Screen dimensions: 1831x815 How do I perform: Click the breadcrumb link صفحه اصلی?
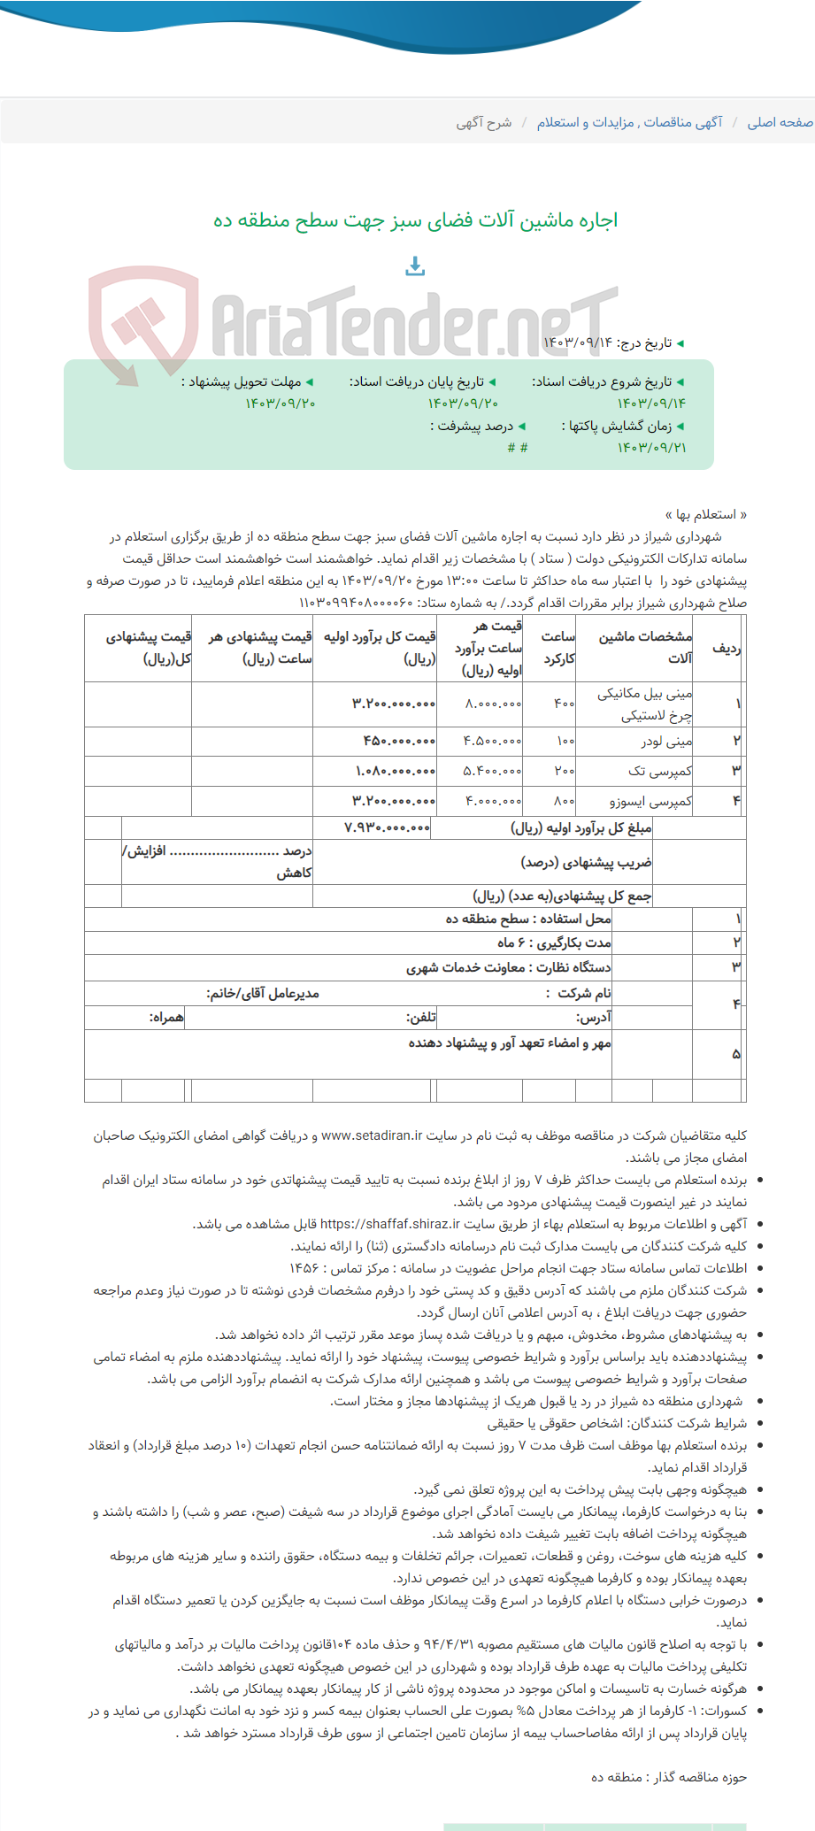pyautogui.click(x=780, y=122)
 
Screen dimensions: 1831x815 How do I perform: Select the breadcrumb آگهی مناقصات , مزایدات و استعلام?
pyautogui.click(x=629, y=122)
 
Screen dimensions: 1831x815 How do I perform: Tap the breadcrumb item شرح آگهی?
pyautogui.click(x=484, y=122)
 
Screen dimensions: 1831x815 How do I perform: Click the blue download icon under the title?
pyautogui.click(x=415, y=265)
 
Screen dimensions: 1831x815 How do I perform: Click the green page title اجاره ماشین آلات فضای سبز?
pyautogui.click(x=415, y=219)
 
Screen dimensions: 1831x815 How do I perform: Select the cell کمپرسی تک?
pyautogui.click(x=660, y=771)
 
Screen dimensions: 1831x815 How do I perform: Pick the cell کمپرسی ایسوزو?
pyautogui.click(x=650, y=801)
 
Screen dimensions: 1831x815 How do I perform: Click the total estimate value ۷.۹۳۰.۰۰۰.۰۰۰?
pyautogui.click(x=388, y=827)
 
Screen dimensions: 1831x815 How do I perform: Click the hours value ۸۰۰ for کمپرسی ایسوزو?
pyautogui.click(x=564, y=801)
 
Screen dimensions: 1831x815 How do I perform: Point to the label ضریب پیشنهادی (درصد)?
pyautogui.click(x=586, y=861)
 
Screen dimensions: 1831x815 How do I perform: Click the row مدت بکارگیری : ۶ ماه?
pyautogui.click(x=553, y=942)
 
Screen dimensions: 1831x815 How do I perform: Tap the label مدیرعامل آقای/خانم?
pyautogui.click(x=263, y=993)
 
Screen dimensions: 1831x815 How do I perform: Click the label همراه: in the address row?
pyautogui.click(x=166, y=1017)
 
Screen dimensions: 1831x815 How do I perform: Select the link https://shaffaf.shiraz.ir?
pyautogui.click(x=389, y=1224)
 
